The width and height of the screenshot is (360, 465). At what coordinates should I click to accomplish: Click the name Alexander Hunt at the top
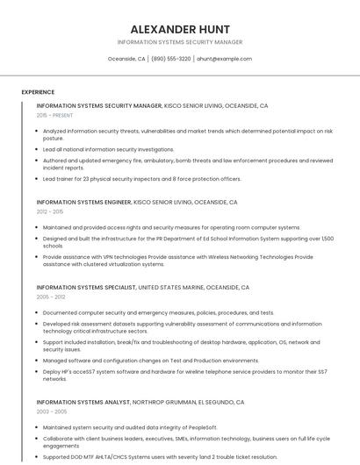tap(179, 28)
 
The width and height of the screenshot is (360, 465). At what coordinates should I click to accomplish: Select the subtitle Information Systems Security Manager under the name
tap(179, 41)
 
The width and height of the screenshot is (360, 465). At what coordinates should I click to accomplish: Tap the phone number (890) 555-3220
tap(170, 59)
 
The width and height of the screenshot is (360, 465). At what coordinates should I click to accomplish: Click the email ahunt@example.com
tap(224, 59)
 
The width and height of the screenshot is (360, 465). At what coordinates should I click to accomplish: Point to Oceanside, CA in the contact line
tap(126, 59)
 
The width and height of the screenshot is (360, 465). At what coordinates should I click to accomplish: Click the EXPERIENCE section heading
tap(38, 92)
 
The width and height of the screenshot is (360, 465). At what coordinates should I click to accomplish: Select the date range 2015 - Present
tap(54, 115)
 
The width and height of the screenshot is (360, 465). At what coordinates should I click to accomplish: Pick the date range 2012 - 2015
tap(50, 211)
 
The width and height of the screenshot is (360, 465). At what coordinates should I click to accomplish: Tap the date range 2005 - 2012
tap(50, 297)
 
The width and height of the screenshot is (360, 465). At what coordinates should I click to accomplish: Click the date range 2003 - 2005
tap(50, 411)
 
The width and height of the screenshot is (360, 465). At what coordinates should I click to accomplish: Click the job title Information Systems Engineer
tap(83, 202)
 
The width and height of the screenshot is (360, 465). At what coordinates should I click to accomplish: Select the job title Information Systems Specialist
tap(86, 287)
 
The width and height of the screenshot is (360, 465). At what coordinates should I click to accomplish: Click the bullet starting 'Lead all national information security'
tap(109, 149)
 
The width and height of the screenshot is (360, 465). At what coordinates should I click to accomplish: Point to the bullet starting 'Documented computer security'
tap(146, 312)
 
